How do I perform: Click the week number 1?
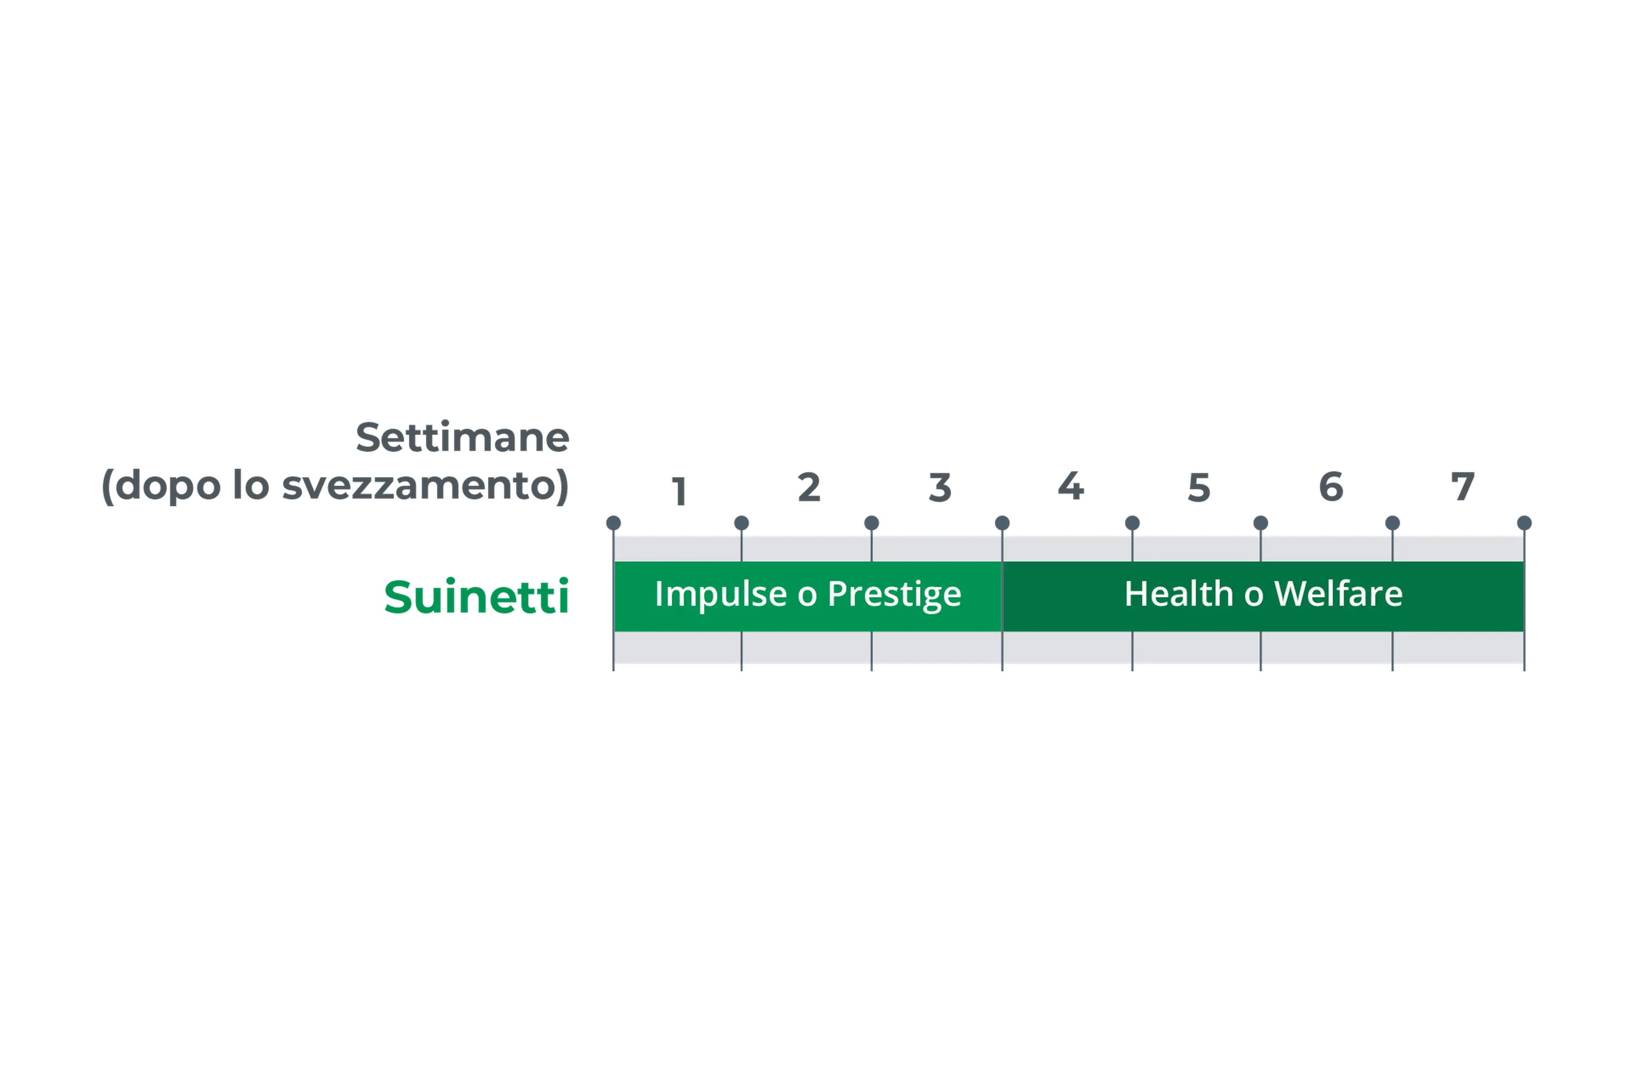[679, 489]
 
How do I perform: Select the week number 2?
[809, 487]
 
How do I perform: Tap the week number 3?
[940, 487]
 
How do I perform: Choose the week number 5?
[1199, 487]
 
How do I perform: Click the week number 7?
[1462, 487]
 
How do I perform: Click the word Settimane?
[462, 438]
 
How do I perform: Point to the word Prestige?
[894, 595]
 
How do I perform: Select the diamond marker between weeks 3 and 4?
[1002, 522]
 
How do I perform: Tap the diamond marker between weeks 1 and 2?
[742, 522]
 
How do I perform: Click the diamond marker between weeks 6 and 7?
[1392, 522]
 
